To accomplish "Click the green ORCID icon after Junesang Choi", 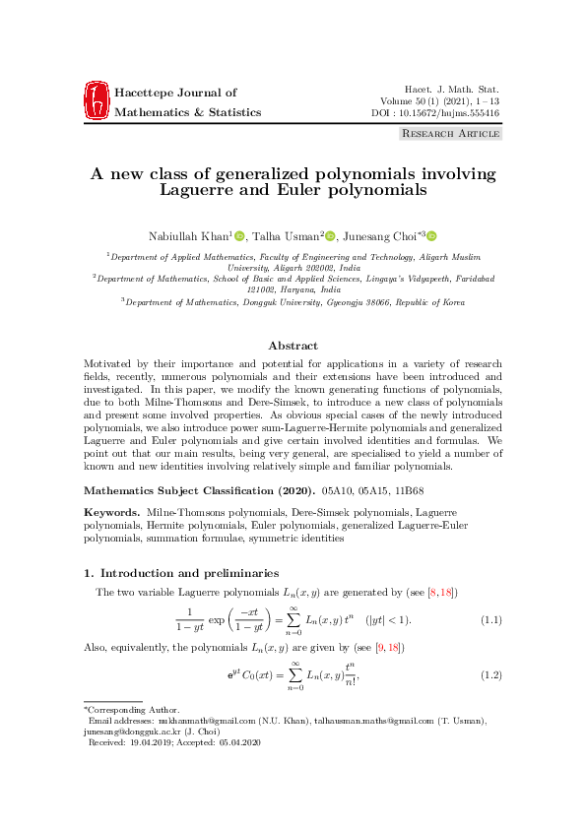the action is coord(431,235).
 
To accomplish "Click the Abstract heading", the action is coord(293,346).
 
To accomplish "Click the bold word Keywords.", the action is coord(111,514).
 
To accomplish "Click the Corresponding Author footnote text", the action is coord(126,709).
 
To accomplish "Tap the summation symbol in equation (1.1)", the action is coord(293,618).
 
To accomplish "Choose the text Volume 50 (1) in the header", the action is coord(417,101).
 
